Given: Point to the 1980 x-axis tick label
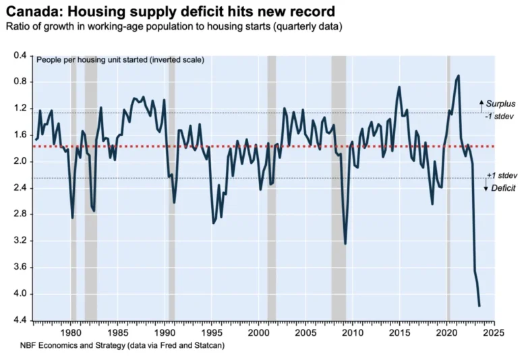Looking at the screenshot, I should [x=71, y=333].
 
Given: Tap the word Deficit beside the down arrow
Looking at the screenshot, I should [x=504, y=187].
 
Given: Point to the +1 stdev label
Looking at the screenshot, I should [x=500, y=175].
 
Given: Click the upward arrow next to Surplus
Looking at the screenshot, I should [x=481, y=104].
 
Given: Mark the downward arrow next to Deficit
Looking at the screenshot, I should [x=485, y=186].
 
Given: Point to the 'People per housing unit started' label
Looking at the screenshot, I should [x=120, y=60].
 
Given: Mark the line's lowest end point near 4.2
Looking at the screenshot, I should [x=479, y=306].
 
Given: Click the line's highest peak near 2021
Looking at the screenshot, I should [x=459, y=76].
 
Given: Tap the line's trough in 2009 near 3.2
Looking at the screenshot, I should [x=345, y=244].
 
